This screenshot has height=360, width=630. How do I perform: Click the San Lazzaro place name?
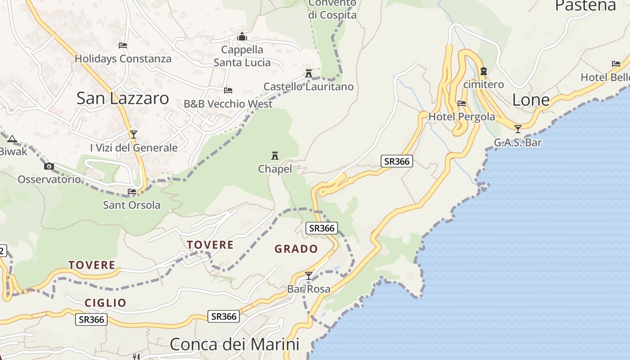[122, 98]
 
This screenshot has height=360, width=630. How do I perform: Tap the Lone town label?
[531, 100]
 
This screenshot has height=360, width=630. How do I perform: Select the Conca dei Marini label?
[234, 344]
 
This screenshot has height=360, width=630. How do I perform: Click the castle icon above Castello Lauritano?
[309, 73]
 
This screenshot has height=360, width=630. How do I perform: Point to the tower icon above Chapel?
[275, 156]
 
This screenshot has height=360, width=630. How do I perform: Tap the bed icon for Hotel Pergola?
[462, 103]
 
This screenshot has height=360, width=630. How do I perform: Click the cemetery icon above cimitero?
[484, 71]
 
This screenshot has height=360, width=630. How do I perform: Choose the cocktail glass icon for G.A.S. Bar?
[518, 129]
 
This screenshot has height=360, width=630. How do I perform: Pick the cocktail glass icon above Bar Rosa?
[309, 276]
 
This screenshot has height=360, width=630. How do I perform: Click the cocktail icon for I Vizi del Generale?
[134, 134]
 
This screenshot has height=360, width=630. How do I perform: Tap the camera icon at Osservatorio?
[49, 166]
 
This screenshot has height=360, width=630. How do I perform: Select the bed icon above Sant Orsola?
[132, 192]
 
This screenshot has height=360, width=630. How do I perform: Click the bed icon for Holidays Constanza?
[123, 45]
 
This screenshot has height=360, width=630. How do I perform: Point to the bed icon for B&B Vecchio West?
[228, 90]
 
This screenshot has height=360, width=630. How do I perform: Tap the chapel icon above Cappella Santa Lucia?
[242, 36]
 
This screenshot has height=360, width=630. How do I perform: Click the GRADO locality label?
[296, 249]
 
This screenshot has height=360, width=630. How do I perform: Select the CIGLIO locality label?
[106, 303]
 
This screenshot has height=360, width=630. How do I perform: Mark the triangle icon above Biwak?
[12, 139]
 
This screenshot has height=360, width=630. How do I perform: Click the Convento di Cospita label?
[332, 9]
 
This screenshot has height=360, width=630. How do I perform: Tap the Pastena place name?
[585, 5]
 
